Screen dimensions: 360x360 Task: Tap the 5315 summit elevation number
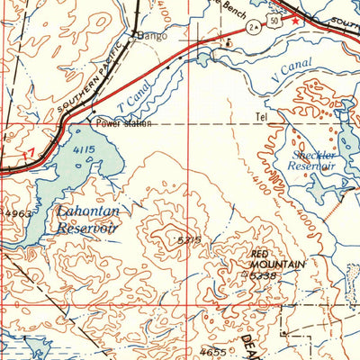click(187, 239)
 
